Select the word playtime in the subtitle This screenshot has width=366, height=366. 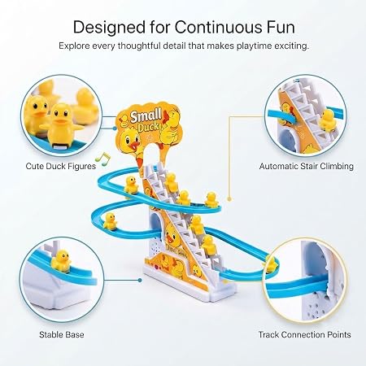(x=254, y=46)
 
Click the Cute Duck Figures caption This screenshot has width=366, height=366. (x=61, y=166)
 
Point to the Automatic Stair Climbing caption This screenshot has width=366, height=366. (x=307, y=166)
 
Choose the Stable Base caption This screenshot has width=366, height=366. (x=62, y=334)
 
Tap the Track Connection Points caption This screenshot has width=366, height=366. (x=304, y=334)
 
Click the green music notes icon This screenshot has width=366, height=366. (x=103, y=159)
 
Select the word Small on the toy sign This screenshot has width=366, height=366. (x=146, y=115)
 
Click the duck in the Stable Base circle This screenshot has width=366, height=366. (x=61, y=260)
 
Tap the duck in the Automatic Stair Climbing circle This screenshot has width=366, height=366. (x=328, y=120)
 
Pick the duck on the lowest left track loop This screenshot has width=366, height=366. (x=110, y=221)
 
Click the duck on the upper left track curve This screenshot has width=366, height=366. (x=131, y=185)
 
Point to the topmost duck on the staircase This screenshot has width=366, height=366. (x=171, y=181)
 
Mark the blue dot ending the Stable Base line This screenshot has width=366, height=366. (x=140, y=281)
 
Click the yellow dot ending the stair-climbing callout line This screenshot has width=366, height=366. (x=229, y=199)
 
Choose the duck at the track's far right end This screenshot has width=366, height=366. (x=271, y=264)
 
